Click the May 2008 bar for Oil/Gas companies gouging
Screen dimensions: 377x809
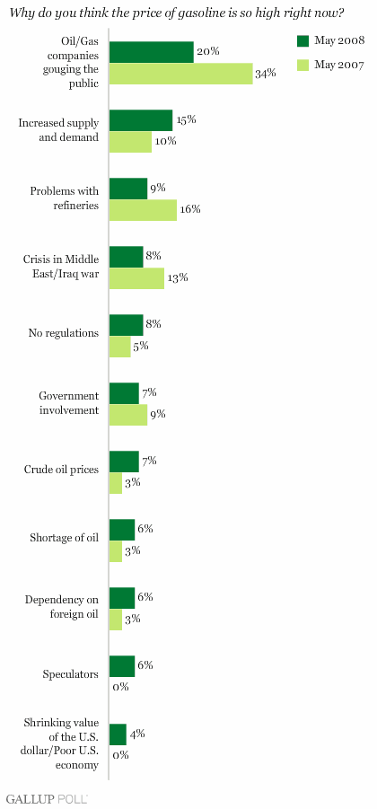pos(152,52)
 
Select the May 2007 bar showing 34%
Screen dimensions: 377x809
pos(181,74)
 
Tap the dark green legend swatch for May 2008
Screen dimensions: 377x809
pos(302,40)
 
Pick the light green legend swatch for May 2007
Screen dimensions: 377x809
pos(302,65)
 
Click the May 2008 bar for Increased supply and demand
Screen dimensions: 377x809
pos(141,120)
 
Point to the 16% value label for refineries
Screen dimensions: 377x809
pos(189,209)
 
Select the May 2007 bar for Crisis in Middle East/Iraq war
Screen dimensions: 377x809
pos(136,277)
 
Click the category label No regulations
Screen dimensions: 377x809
pos(64,333)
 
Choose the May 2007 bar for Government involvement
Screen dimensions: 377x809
pos(128,415)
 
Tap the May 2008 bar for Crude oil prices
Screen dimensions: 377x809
pos(124,462)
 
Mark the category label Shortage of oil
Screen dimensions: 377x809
pos(65,538)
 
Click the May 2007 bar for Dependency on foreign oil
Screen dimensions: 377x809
pos(116,620)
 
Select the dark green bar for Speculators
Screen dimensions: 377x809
pos(122,666)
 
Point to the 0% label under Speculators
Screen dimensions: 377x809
pos(120,687)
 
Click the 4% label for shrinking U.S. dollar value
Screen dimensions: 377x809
pos(136,734)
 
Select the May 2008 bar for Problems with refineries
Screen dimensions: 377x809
pos(128,189)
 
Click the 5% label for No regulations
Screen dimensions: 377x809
pos(141,346)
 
